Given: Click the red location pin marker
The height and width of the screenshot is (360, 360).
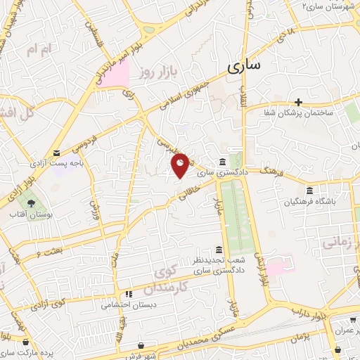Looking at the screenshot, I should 180,165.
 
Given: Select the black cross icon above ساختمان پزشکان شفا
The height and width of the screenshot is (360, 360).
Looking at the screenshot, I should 299,102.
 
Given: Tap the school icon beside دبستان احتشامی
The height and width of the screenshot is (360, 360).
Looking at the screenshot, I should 129,294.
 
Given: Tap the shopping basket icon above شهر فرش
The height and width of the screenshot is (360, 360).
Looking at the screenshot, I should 144,346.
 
